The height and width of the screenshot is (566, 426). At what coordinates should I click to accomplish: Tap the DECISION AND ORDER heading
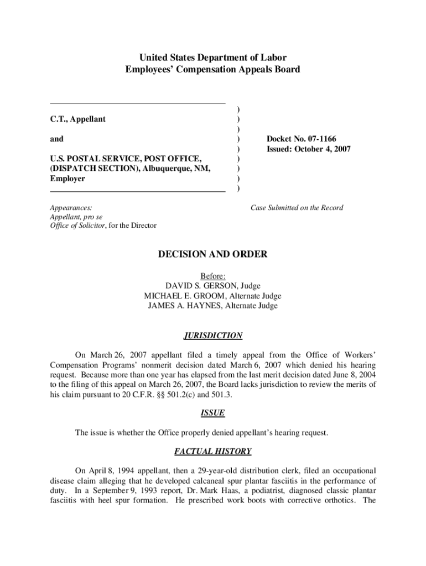(x=213, y=254)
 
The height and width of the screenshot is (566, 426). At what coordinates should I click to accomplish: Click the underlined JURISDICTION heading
(x=213, y=336)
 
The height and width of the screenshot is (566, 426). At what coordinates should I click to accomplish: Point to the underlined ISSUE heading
(x=212, y=413)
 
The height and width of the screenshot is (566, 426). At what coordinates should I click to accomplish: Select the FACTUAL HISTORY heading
(x=213, y=452)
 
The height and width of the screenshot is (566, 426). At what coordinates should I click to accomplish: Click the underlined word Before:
(x=213, y=276)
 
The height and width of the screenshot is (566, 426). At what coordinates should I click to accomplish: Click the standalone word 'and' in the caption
(x=56, y=139)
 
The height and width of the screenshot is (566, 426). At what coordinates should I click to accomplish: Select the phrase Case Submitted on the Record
(x=297, y=208)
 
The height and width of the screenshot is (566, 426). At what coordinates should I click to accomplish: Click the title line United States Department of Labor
(x=213, y=57)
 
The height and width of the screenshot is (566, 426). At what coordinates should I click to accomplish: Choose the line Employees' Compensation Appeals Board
(x=213, y=70)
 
